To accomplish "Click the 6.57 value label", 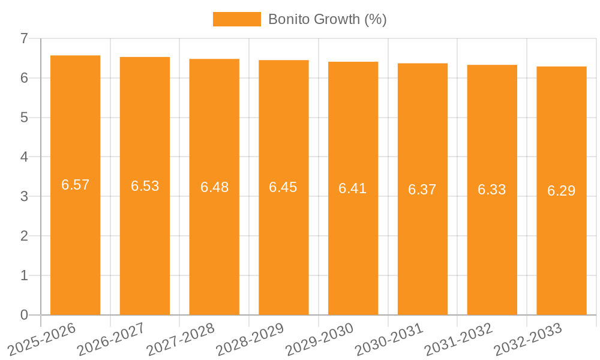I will coord(75,185).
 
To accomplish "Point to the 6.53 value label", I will coord(145,186).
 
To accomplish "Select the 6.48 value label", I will coord(214,187).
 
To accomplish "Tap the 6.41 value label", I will coord(353,188).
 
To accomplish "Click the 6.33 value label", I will coord(491,190).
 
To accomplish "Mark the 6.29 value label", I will coord(561,191).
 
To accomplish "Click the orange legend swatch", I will coord(236,19).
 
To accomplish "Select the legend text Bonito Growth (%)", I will coord(327,19).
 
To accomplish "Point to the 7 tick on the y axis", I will coord(24,38).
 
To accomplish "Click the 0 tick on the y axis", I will coord(24,315).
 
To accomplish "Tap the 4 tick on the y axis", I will coord(24,157).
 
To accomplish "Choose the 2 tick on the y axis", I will coord(24,236).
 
